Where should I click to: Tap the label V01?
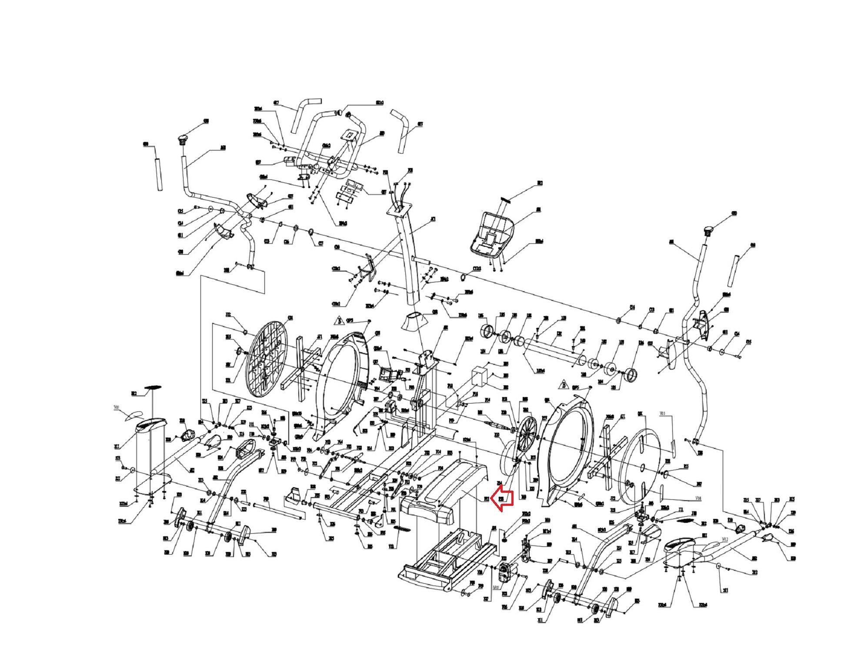[x=116, y=407]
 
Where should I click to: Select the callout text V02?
[x=724, y=539]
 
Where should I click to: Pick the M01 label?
[x=496, y=587]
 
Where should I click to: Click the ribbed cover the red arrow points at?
[x=452, y=488]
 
